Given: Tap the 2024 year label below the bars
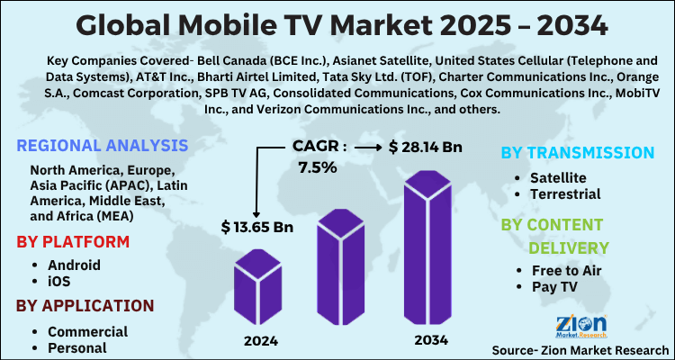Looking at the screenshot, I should click(x=260, y=341).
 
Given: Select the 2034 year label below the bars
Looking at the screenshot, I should click(x=430, y=341).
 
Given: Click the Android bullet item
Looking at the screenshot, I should click(x=74, y=265).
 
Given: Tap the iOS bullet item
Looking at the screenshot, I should click(x=60, y=281).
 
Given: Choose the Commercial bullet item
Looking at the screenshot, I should click(x=87, y=331).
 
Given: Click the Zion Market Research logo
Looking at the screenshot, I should click(x=581, y=325).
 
